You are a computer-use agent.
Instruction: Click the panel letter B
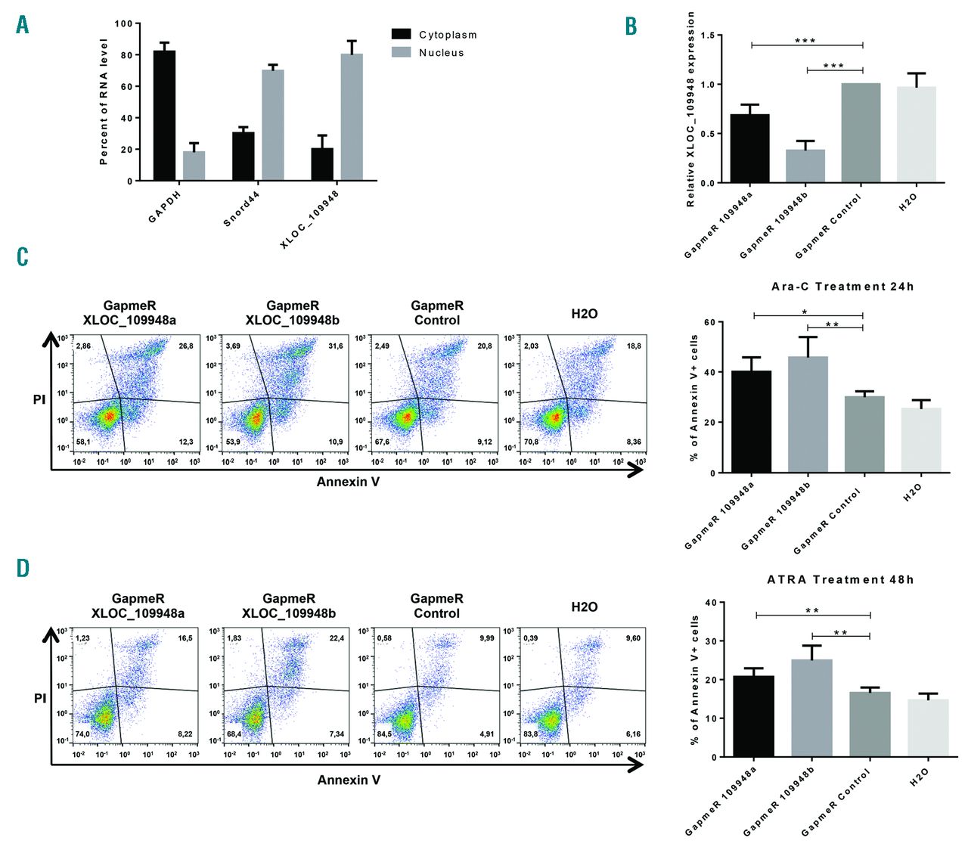point(631,26)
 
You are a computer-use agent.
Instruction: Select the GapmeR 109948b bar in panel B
point(805,166)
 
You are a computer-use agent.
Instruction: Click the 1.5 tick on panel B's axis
point(707,36)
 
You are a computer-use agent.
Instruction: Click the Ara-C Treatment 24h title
point(842,287)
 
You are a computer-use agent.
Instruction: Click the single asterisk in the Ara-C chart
point(805,312)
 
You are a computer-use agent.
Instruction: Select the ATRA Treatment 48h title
point(840,580)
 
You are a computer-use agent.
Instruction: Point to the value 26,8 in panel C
point(186,346)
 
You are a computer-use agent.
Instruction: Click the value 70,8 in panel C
point(531,442)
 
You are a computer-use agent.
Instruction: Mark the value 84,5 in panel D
point(384,734)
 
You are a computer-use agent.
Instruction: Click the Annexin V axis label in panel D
point(349,780)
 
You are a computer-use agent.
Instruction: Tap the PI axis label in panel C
point(39,399)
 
